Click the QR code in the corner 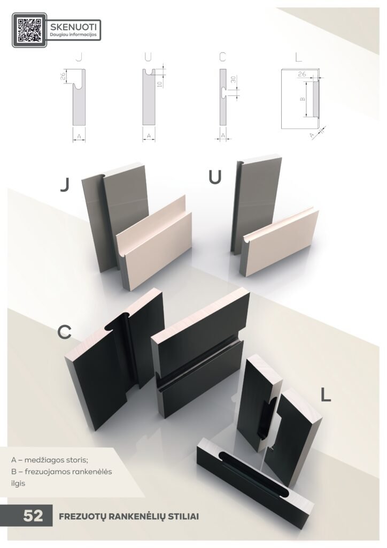[29, 31]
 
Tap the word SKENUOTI [73, 27]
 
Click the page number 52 [33, 516]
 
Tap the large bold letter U [215, 177]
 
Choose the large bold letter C [65, 331]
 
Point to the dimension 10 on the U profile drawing [159, 84]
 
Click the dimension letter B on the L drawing [302, 99]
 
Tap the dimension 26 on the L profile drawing [302, 74]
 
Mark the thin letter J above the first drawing [79, 57]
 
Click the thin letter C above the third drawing [223, 57]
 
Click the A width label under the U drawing [149, 135]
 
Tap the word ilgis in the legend [18, 484]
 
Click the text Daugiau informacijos [73, 35]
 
